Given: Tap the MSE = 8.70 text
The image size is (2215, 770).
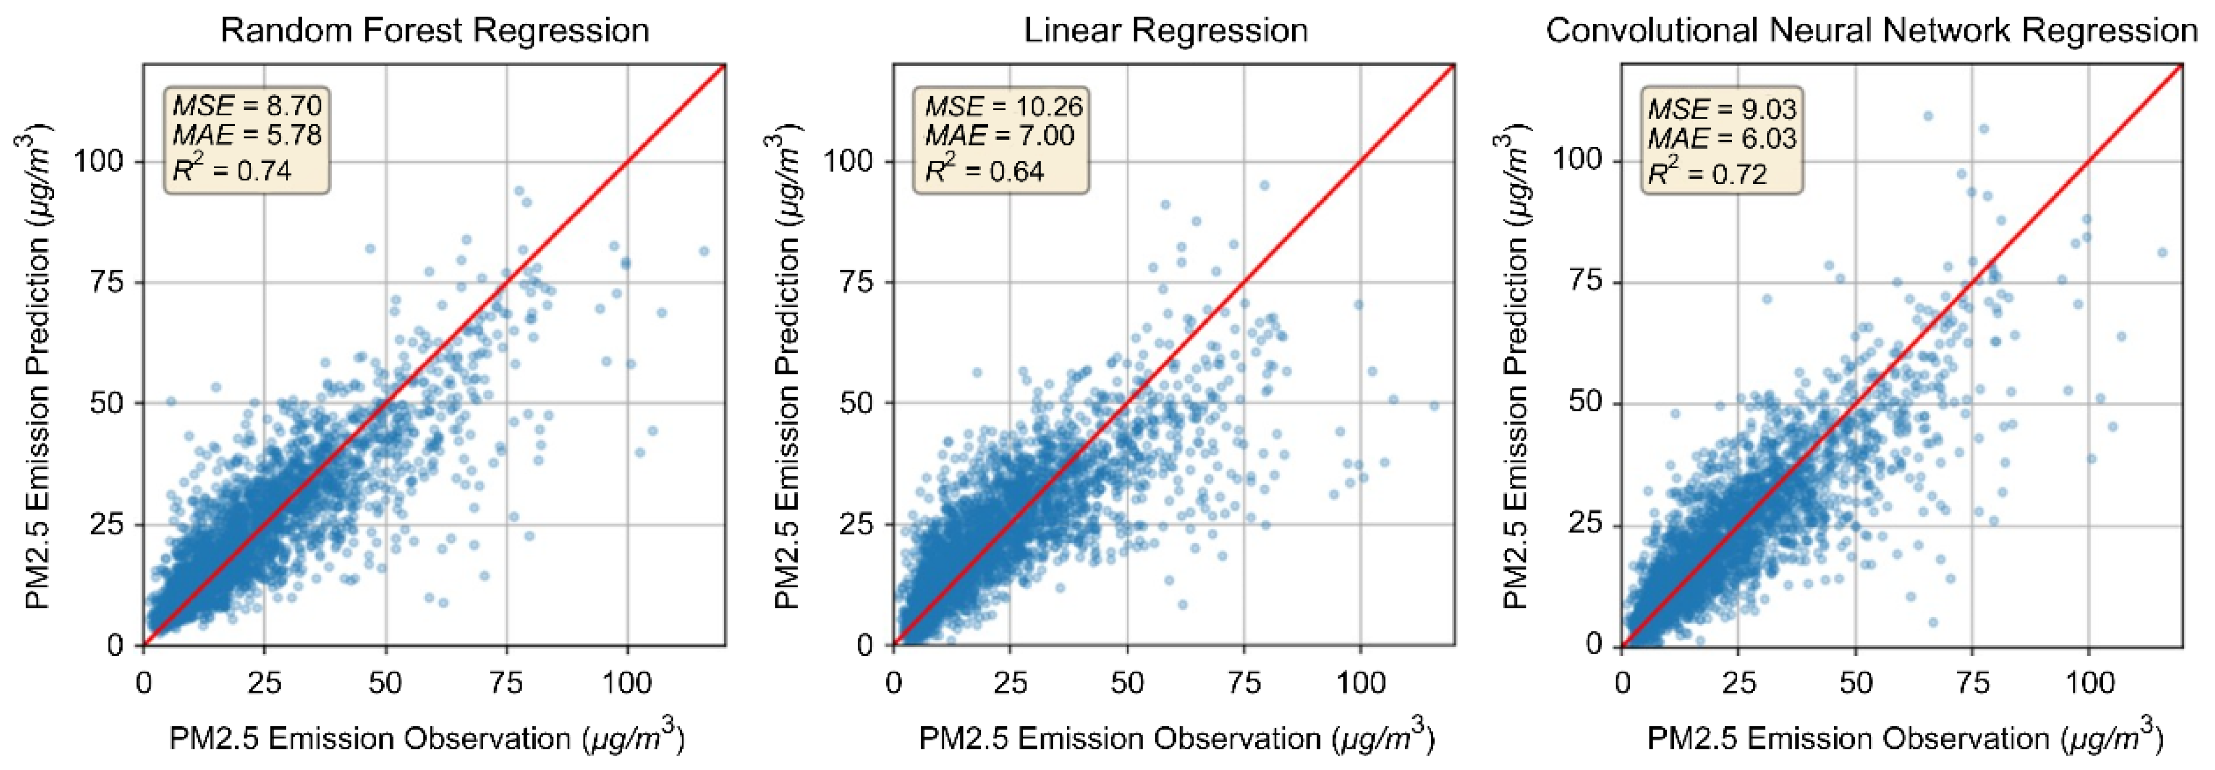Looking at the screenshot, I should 247,106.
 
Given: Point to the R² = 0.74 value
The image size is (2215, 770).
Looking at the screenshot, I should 232,170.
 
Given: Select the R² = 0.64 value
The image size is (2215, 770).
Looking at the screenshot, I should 985,170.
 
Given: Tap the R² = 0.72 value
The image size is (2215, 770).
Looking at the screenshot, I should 1707,173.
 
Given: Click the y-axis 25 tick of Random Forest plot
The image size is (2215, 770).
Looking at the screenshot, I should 107,524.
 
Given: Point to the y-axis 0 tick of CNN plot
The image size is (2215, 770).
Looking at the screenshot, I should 1595,644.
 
